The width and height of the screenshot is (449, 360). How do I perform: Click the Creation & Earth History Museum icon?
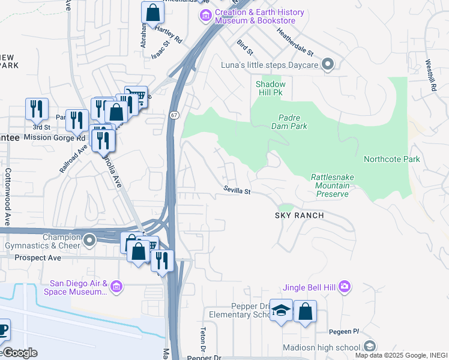click(206, 14)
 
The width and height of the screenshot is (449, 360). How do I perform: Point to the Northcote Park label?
click(391, 159)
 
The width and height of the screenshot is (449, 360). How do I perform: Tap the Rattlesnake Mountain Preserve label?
click(330, 185)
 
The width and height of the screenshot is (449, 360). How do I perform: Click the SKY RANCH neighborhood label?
click(300, 215)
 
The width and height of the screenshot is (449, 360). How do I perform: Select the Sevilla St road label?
click(237, 190)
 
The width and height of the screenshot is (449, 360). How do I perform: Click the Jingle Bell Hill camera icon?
click(345, 286)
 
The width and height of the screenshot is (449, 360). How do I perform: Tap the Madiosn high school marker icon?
click(369, 347)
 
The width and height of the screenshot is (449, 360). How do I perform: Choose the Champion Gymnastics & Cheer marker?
click(89, 241)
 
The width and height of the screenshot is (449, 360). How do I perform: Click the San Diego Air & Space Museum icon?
click(116, 288)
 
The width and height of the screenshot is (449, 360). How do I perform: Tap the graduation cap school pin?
click(281, 311)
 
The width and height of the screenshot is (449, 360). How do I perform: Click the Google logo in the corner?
click(19, 353)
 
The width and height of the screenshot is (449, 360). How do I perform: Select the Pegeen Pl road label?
click(343, 332)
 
